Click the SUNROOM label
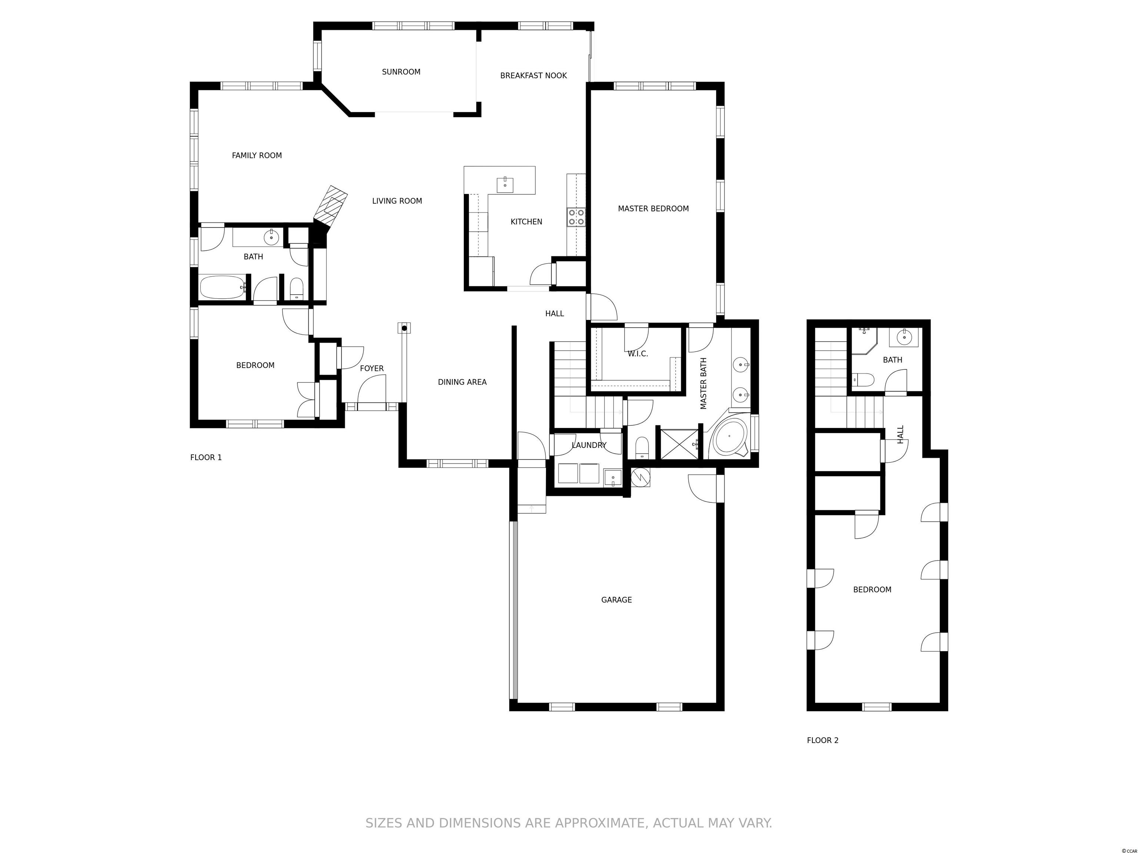tap(401, 72)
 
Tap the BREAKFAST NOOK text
tap(533, 76)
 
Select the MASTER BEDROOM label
tap(653, 209)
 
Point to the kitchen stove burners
tap(576, 217)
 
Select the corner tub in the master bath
tap(729, 436)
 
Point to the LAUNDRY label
tap(589, 445)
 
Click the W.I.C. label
tap(638, 354)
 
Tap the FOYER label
tap(372, 369)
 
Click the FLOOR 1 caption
tap(206, 457)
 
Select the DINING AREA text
tap(462, 382)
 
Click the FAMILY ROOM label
tap(257, 155)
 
